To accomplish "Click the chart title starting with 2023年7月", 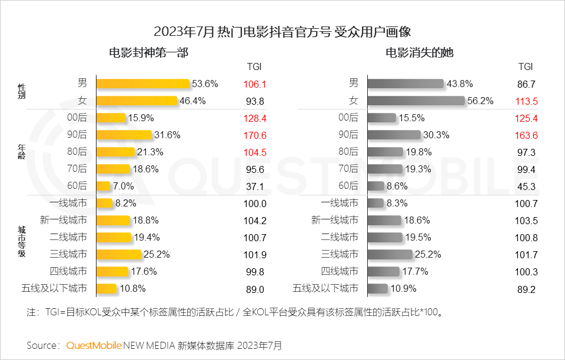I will (282, 31).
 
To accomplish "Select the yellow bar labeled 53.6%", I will (142, 84).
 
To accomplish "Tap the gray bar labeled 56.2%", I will (416, 101).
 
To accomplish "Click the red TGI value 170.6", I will (255, 135).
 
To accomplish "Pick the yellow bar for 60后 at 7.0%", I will (103, 186).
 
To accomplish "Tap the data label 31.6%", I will (167, 135).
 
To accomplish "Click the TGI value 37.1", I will (255, 186).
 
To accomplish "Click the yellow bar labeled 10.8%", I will (107, 289).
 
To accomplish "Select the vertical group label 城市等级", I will (21, 246).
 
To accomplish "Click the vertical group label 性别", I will (21, 92).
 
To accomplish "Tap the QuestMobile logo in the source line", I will (94, 345).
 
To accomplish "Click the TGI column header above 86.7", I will (526, 66).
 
